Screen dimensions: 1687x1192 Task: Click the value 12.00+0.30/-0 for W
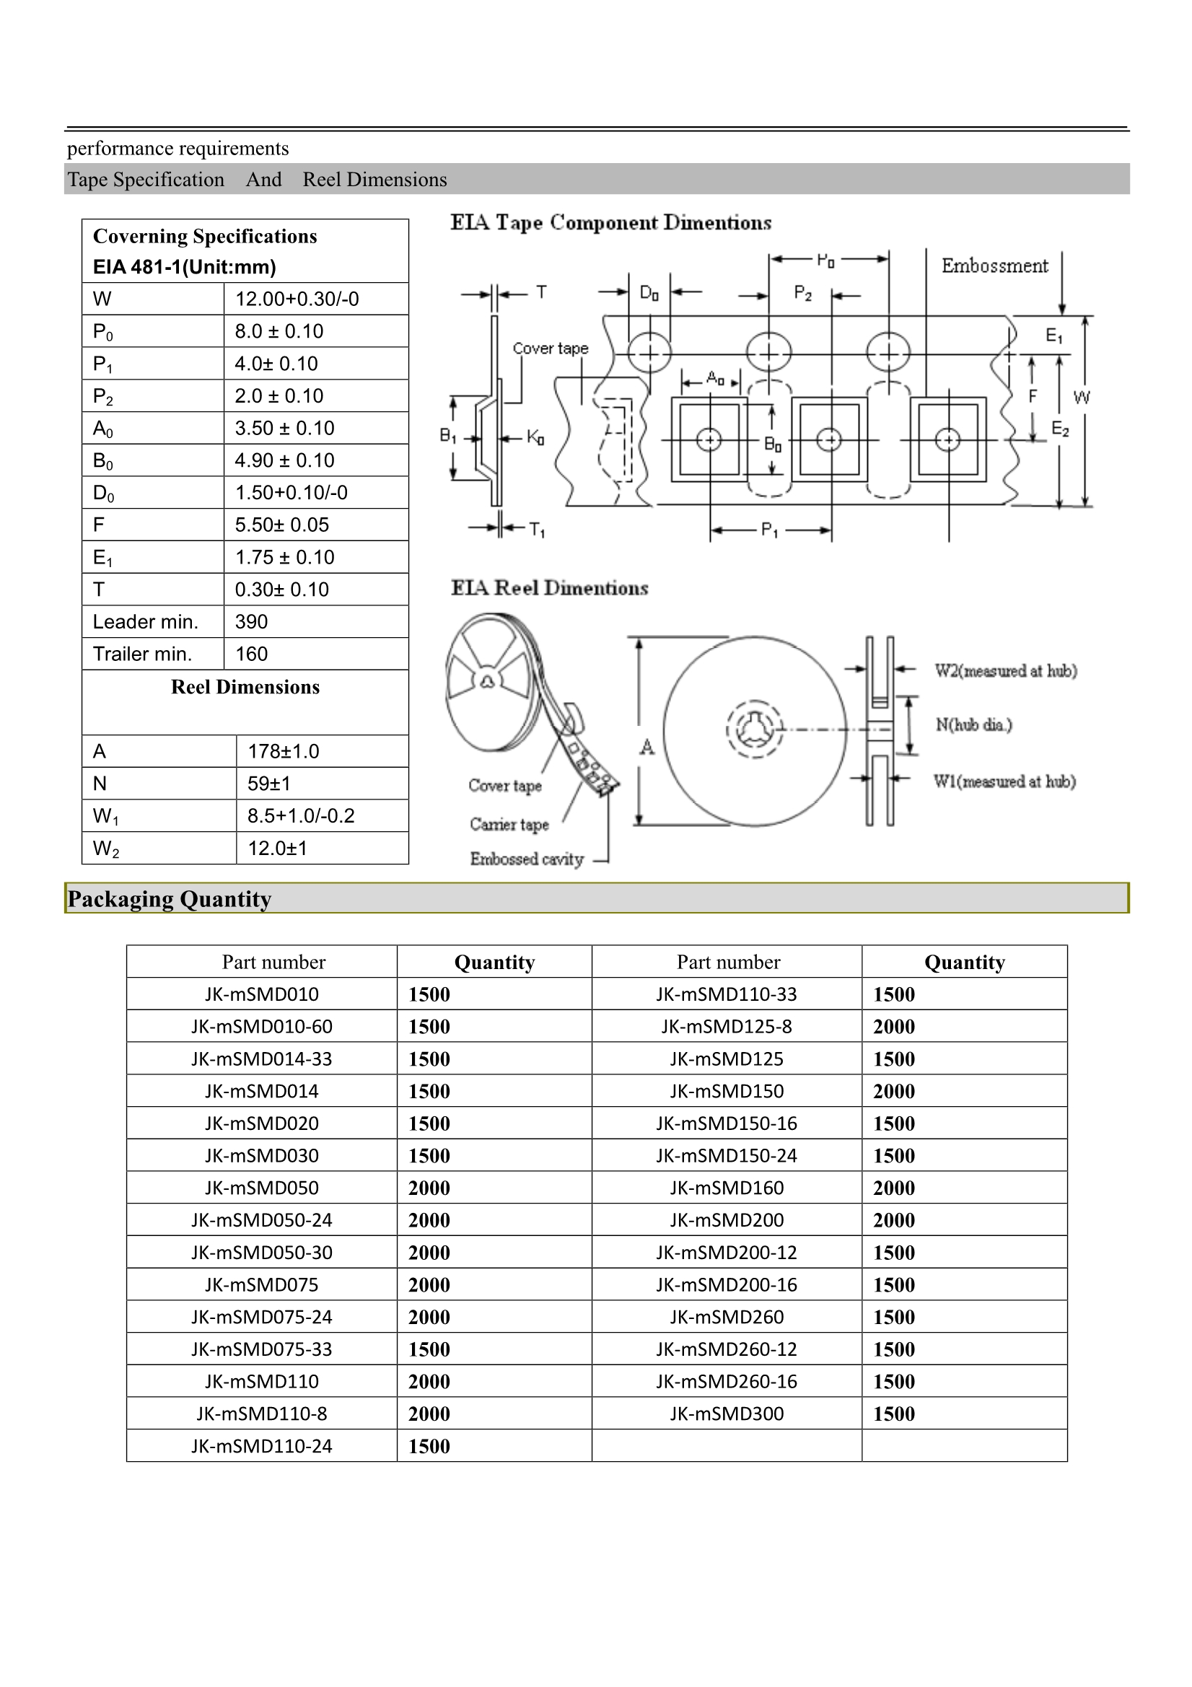297,299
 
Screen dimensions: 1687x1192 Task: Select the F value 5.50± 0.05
281,525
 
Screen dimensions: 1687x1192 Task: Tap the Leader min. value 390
251,621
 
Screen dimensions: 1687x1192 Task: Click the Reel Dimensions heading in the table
245,687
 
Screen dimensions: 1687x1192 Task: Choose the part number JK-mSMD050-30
262,1252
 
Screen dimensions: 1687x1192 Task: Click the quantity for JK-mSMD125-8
893,1027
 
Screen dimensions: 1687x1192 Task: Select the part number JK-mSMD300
726,1414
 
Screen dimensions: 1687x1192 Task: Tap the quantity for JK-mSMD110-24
429,1446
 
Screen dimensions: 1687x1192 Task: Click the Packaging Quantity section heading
169,898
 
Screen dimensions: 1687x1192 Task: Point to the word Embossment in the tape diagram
994,266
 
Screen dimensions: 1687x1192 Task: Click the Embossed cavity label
526,859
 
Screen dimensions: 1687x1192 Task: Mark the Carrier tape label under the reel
509,825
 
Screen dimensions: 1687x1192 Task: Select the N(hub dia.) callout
973,724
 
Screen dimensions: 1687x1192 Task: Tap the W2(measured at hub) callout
1005,670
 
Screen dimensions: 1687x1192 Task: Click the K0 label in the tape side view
535,438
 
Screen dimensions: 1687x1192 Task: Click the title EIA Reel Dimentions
549,588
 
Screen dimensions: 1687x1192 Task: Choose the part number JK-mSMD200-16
726,1284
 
